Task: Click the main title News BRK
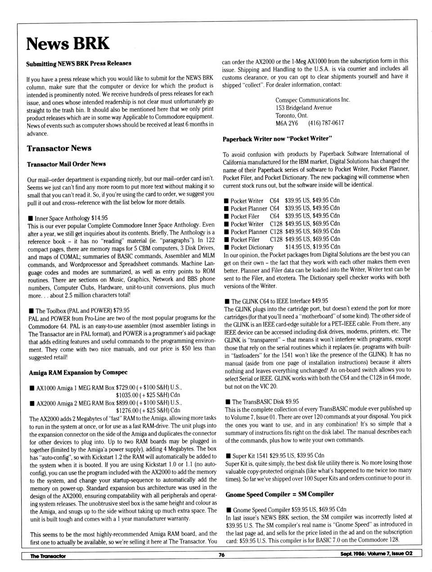pyautogui.click(x=67, y=44)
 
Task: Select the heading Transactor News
pyautogui.click(x=59, y=148)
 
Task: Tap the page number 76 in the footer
pyautogui.click(x=221, y=555)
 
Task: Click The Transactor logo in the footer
pyautogui.click(x=48, y=556)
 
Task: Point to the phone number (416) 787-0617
pyautogui.click(x=326, y=123)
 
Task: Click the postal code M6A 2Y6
pyautogui.click(x=287, y=123)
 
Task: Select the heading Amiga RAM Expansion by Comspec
pyautogui.click(x=78, y=372)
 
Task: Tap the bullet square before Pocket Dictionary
pyautogui.click(x=226, y=247)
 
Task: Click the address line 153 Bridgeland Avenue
pyautogui.click(x=304, y=108)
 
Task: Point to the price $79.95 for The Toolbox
pyautogui.click(x=121, y=310)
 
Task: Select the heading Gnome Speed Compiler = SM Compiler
pyautogui.click(x=279, y=494)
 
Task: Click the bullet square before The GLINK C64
pyautogui.click(x=227, y=301)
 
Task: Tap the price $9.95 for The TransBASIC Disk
pyautogui.click(x=290, y=401)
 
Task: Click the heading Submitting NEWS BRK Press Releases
pyautogui.click(x=79, y=63)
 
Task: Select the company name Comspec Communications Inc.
pyautogui.click(x=313, y=100)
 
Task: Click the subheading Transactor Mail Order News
pyautogui.click(x=66, y=164)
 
